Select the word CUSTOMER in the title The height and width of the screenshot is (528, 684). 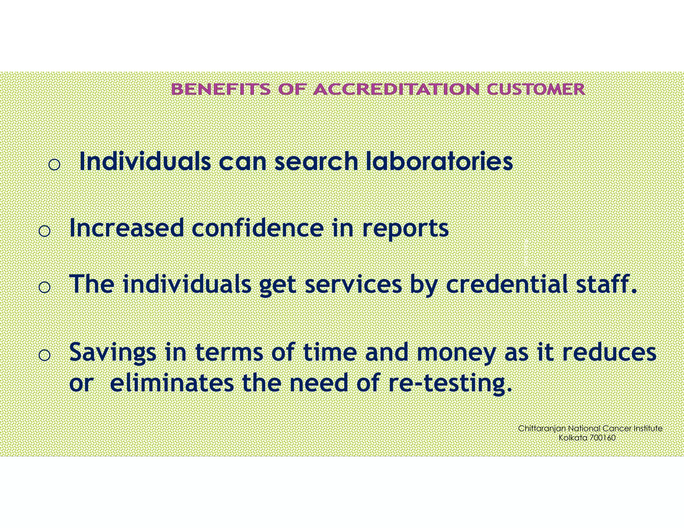(536, 89)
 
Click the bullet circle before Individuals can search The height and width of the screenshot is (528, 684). (54, 164)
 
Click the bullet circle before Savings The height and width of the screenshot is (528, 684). (44, 355)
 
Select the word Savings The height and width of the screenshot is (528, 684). (113, 353)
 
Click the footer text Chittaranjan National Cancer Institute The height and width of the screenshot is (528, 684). (590, 429)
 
